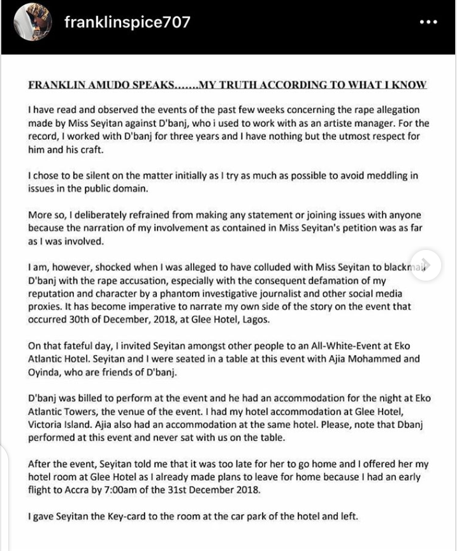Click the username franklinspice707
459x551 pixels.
[x=127, y=22]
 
